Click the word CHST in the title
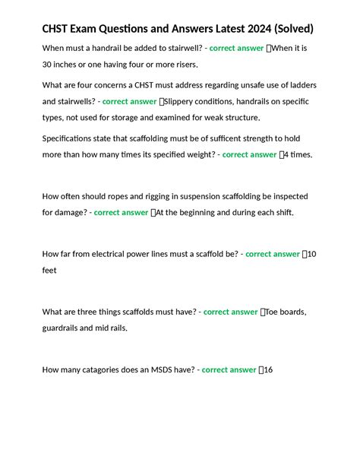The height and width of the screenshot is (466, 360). click(59, 29)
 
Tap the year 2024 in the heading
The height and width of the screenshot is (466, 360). click(256, 29)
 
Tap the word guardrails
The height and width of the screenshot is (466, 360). click(62, 328)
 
